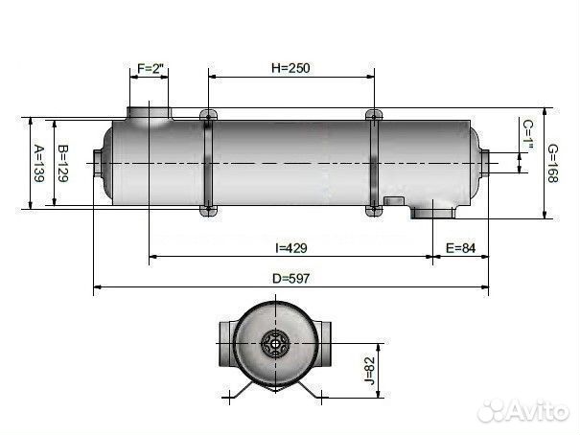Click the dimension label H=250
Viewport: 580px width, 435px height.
(x=290, y=68)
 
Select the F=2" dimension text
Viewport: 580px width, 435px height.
(x=151, y=68)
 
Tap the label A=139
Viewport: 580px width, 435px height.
(x=38, y=164)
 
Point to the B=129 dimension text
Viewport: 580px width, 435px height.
(x=62, y=164)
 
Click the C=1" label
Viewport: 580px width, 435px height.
(x=528, y=135)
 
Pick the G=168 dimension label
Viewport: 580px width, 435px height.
(x=552, y=164)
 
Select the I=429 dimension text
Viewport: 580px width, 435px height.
(x=291, y=248)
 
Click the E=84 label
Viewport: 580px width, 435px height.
(x=460, y=248)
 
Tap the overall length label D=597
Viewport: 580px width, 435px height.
(x=290, y=278)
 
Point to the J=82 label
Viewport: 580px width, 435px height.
(x=369, y=371)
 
